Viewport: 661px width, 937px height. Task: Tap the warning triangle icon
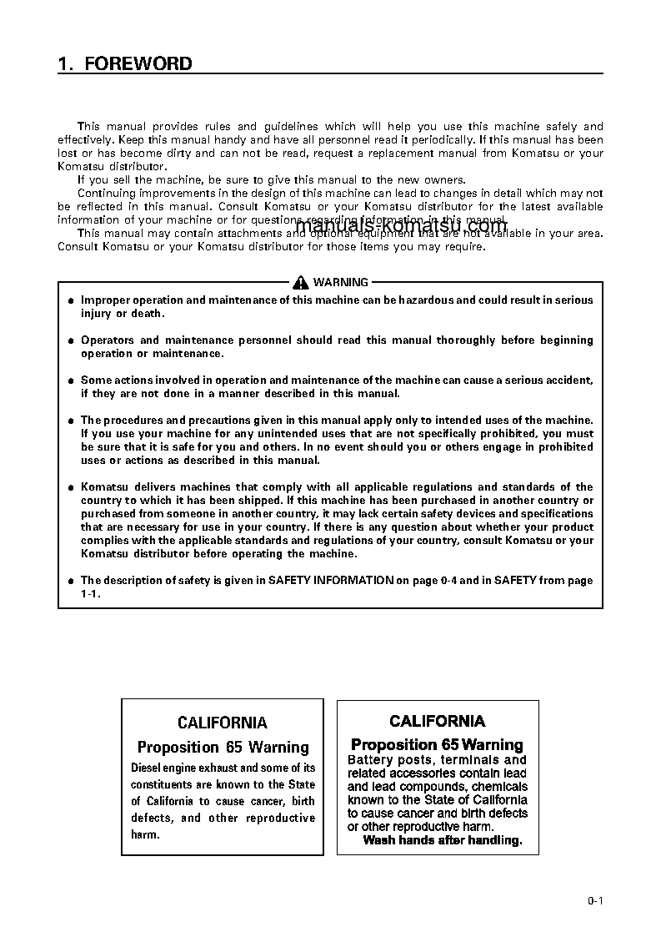pyautogui.click(x=301, y=283)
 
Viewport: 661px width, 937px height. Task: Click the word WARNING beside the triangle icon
pyautogui.click(x=340, y=283)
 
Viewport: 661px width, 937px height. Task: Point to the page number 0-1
pyautogui.click(x=594, y=900)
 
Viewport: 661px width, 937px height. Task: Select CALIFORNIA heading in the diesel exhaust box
pyautogui.click(x=223, y=723)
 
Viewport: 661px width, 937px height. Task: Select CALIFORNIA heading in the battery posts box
pyautogui.click(x=437, y=721)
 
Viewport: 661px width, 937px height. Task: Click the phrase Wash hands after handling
pyautogui.click(x=442, y=840)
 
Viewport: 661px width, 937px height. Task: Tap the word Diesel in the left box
pyautogui.click(x=148, y=768)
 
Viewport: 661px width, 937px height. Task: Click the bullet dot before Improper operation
pyautogui.click(x=71, y=300)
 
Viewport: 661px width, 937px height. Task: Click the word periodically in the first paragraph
pyautogui.click(x=423, y=140)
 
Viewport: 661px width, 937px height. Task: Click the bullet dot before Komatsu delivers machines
pyautogui.click(x=71, y=487)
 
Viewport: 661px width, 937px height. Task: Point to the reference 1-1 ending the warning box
pyautogui.click(x=89, y=593)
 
